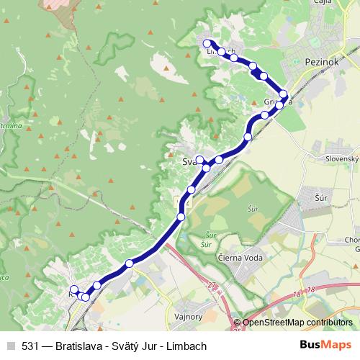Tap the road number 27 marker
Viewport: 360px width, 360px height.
pyautogui.click(x=212, y=287)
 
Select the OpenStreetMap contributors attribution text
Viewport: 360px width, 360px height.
pyautogui.click(x=297, y=323)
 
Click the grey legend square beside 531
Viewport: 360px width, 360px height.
pyautogui.click(x=10, y=345)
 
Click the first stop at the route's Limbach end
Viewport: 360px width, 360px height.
pyautogui.click(x=207, y=43)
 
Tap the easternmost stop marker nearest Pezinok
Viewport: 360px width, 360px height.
pyautogui.click(x=284, y=94)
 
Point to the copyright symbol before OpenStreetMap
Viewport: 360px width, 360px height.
pyautogui.click(x=238, y=323)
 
